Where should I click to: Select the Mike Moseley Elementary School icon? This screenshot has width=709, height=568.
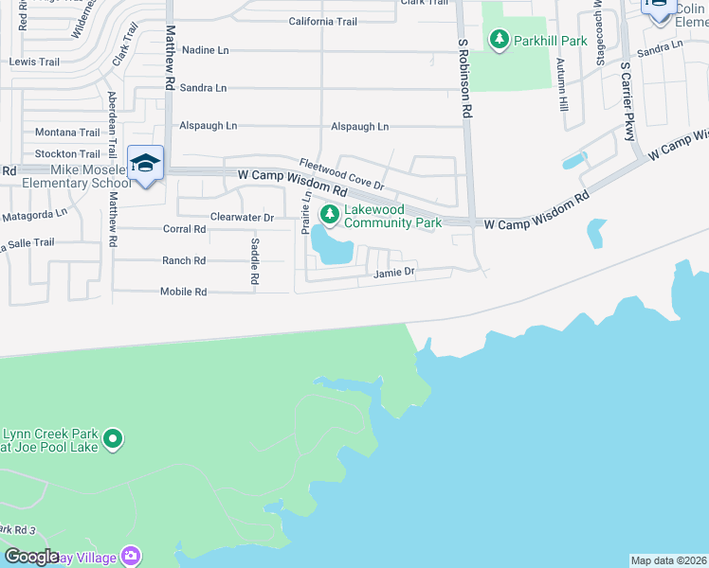(146, 164)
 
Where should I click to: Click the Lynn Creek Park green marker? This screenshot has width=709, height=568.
(114, 438)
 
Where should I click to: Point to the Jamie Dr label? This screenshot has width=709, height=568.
(394, 273)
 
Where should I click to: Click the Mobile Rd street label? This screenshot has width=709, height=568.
(183, 293)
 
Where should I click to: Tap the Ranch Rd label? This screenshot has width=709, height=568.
(184, 260)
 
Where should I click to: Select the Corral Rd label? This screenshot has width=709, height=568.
(184, 229)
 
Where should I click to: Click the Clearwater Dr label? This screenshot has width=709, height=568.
(242, 218)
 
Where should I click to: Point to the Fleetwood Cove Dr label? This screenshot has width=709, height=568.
(340, 173)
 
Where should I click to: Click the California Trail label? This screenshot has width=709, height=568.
(322, 21)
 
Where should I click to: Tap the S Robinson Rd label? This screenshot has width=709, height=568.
(464, 78)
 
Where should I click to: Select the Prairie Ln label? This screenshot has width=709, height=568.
(306, 213)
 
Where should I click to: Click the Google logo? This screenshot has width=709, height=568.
(32, 557)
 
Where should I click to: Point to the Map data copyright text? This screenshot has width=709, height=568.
(667, 560)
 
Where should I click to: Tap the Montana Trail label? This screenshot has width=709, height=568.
(67, 133)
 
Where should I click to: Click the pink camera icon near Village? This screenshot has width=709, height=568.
(132, 556)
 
